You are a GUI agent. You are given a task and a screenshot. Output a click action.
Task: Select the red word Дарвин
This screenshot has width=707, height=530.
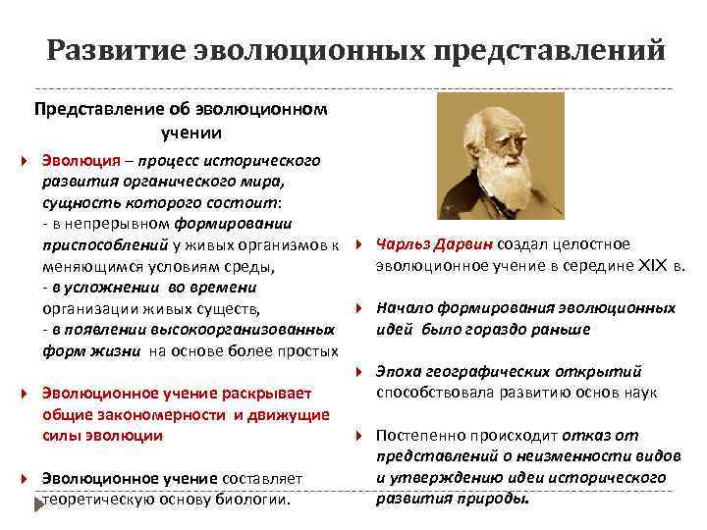(x=468, y=244)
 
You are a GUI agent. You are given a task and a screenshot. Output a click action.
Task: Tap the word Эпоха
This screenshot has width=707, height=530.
(x=402, y=371)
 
